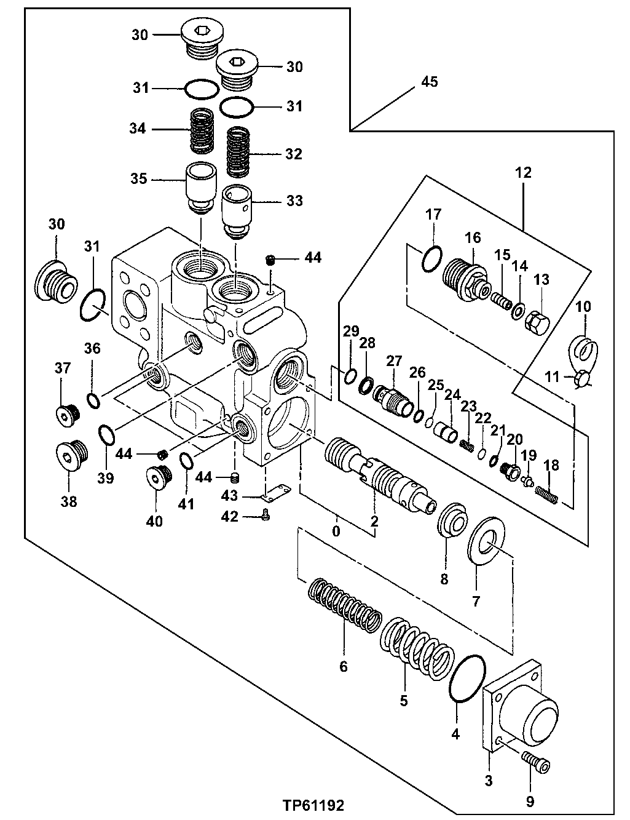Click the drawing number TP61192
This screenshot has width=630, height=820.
[x=313, y=805]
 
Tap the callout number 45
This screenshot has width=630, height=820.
[x=429, y=82]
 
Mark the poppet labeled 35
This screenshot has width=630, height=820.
[x=200, y=187]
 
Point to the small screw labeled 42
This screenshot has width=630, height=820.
[x=266, y=517]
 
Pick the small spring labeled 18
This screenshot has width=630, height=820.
[x=547, y=494]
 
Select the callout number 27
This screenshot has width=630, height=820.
[x=393, y=360]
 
